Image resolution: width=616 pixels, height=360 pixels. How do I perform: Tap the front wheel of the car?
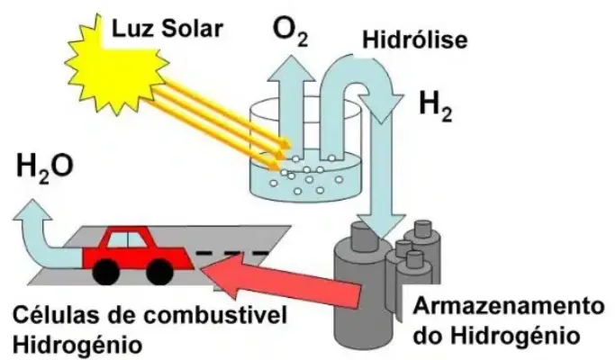click(x=160, y=269)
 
